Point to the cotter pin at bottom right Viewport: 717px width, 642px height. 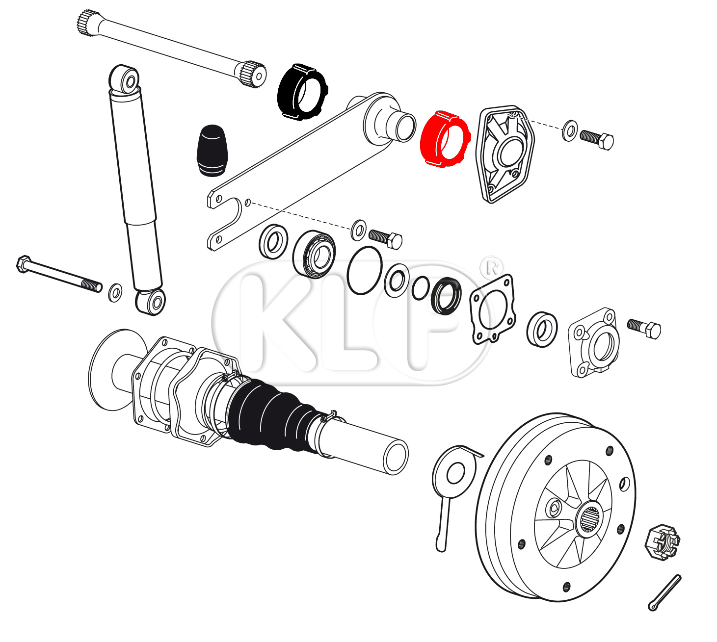(665, 592)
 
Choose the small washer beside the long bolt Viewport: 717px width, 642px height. (115, 293)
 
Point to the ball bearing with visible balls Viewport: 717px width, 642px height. (314, 254)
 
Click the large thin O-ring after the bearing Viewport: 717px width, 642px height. (365, 271)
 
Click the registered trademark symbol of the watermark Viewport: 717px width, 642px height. (492, 267)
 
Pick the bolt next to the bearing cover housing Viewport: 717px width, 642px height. (644, 327)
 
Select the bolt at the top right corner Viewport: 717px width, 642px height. (597, 139)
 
